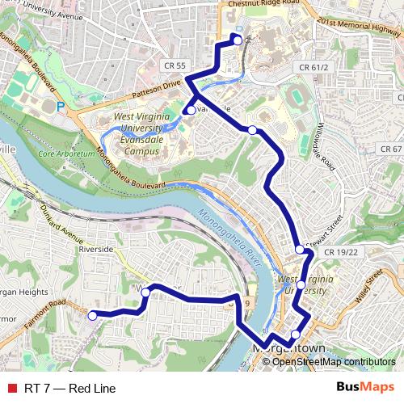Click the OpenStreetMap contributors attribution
[333, 361]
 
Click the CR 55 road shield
[174, 65]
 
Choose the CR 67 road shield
[391, 149]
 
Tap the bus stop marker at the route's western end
[92, 316]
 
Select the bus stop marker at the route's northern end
[238, 37]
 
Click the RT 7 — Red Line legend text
[69, 389]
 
